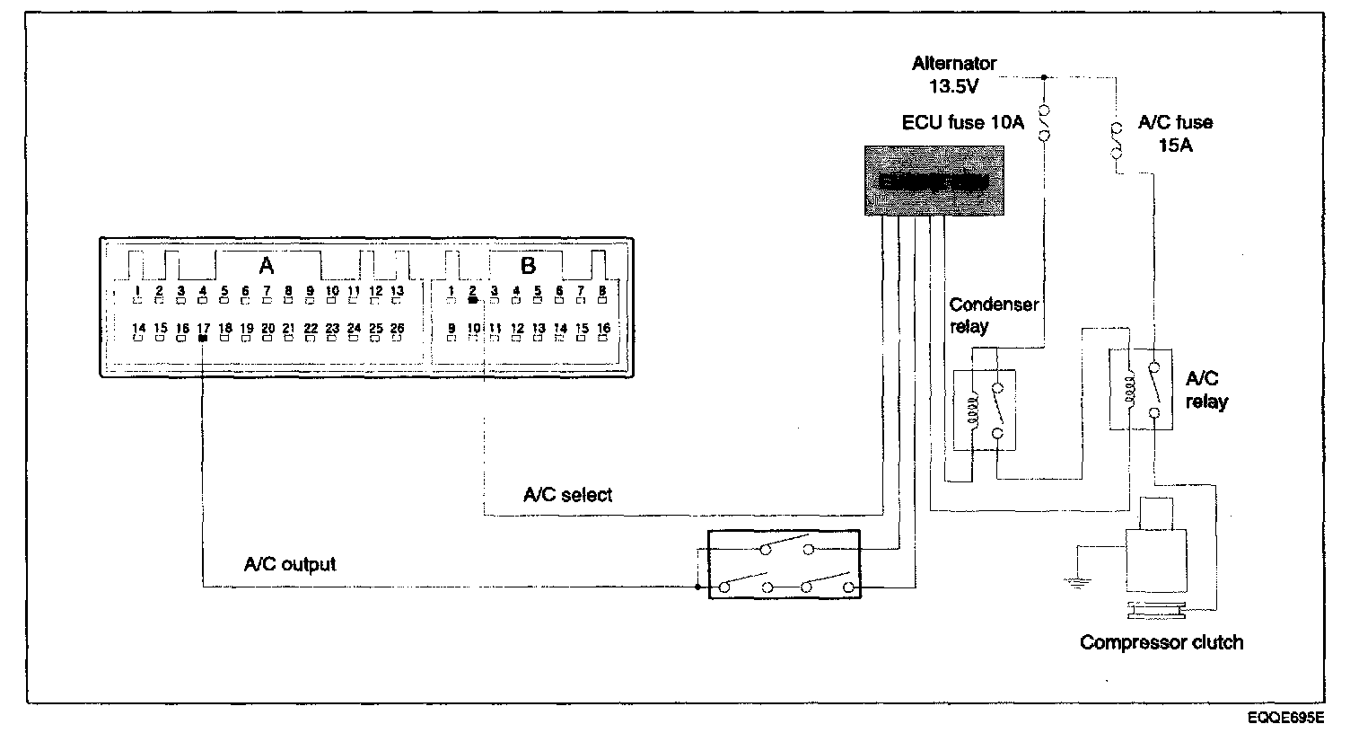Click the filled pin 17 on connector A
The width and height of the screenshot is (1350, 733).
click(203, 340)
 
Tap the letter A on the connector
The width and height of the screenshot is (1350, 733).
click(266, 266)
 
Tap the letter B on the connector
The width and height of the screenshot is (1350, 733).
click(528, 266)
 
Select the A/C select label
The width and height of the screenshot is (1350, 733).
click(567, 495)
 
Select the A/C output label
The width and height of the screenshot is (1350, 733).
click(290, 564)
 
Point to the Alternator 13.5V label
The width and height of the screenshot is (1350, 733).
click(954, 75)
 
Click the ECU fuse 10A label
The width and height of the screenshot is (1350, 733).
click(962, 123)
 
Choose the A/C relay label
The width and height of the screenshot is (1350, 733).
click(1205, 390)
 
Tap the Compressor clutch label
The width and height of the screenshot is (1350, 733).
click(1162, 642)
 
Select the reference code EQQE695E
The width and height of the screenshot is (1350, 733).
click(1284, 719)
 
